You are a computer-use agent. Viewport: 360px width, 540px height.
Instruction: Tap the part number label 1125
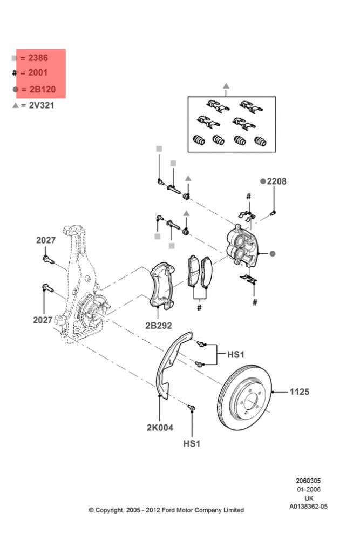(300, 391)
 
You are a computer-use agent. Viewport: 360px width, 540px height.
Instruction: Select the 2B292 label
(158, 326)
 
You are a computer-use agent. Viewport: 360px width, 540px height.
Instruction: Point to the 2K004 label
(160, 428)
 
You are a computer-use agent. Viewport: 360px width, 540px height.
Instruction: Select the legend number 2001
(38, 72)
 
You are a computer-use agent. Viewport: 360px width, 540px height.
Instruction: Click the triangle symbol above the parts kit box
(226, 86)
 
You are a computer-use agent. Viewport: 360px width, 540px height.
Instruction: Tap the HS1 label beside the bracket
(236, 354)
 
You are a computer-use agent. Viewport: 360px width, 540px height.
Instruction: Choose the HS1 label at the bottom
(192, 443)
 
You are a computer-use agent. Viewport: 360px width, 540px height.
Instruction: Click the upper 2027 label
(46, 240)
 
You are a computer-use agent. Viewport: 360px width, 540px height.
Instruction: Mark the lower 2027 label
(43, 320)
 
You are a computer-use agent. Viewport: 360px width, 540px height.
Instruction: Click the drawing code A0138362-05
(308, 507)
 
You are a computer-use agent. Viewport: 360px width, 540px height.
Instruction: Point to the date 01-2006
(309, 489)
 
